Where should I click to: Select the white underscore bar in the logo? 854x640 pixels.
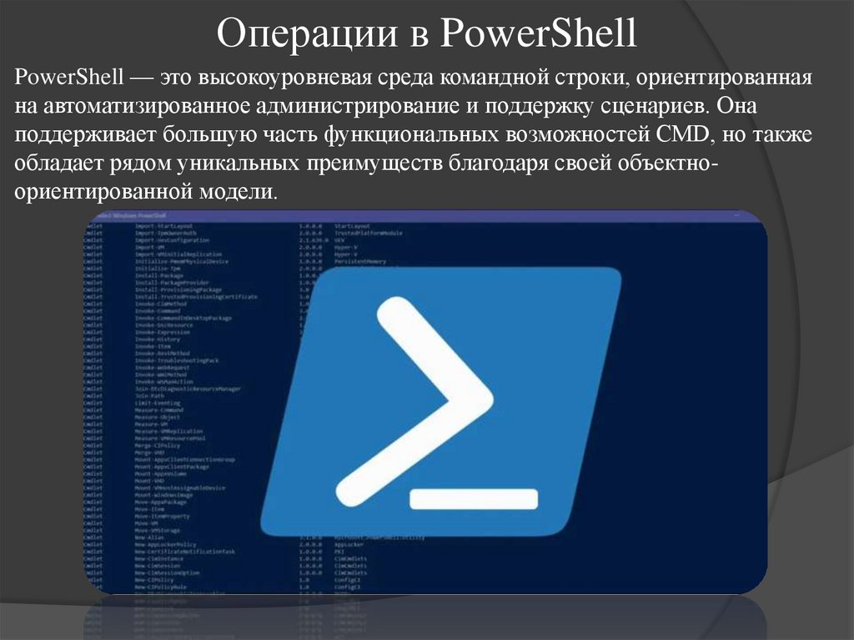tap(473, 498)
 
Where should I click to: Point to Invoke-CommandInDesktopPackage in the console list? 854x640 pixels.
tap(184, 318)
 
